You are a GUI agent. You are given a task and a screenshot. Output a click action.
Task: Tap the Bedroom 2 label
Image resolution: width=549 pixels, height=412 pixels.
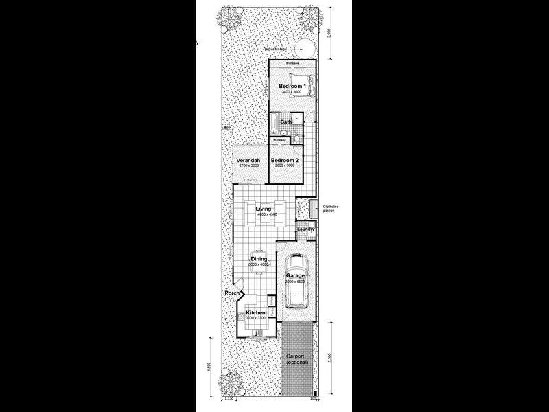282,160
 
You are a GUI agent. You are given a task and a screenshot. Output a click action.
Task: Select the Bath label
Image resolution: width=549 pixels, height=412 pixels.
286,122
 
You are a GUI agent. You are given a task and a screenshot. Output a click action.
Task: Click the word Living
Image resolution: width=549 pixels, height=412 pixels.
263,209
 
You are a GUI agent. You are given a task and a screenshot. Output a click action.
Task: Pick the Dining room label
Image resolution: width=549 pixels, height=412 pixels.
259,259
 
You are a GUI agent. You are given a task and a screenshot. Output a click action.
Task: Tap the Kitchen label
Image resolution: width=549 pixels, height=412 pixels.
255,313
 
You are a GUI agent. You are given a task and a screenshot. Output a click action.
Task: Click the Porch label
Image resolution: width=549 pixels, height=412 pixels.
232,294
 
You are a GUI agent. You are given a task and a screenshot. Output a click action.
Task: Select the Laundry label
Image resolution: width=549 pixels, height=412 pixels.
306,229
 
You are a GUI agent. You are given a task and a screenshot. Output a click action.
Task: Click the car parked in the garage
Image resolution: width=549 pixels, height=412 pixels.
297,282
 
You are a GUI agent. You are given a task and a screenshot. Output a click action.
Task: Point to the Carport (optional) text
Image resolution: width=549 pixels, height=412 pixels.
297,359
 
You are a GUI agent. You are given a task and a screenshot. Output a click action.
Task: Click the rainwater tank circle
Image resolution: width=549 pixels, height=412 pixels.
304,48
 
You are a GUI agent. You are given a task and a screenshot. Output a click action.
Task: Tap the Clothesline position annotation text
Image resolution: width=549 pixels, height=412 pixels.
329,207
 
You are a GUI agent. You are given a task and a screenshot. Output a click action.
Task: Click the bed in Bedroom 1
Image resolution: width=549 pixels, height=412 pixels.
309,86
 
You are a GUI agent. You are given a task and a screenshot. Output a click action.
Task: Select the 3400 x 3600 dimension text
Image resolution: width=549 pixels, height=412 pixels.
291,91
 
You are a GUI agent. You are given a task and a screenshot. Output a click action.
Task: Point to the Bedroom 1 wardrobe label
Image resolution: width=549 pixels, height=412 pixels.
291,63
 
